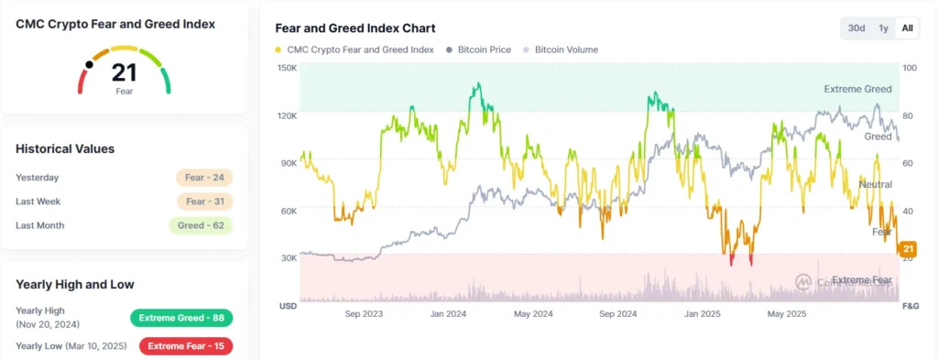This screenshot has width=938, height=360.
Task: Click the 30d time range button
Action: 856,28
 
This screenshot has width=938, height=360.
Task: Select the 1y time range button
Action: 883,28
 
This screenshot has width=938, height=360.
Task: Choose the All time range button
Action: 907,28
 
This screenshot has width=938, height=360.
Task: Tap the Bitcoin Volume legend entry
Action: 565,49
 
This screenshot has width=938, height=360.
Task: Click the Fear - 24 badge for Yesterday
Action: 204,178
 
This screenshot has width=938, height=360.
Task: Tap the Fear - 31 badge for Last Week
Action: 204,202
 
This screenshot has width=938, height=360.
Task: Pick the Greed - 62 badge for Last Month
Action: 201,225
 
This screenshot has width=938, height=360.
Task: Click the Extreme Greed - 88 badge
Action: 181,318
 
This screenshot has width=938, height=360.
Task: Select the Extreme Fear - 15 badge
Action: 186,346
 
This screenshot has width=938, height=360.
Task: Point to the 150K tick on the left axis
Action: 286,69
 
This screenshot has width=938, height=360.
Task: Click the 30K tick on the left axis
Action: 288,258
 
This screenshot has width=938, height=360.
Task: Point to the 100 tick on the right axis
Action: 909,69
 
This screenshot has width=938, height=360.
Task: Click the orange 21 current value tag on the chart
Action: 909,249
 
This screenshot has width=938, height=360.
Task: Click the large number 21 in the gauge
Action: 124,73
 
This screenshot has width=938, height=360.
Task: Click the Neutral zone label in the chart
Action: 875,185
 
